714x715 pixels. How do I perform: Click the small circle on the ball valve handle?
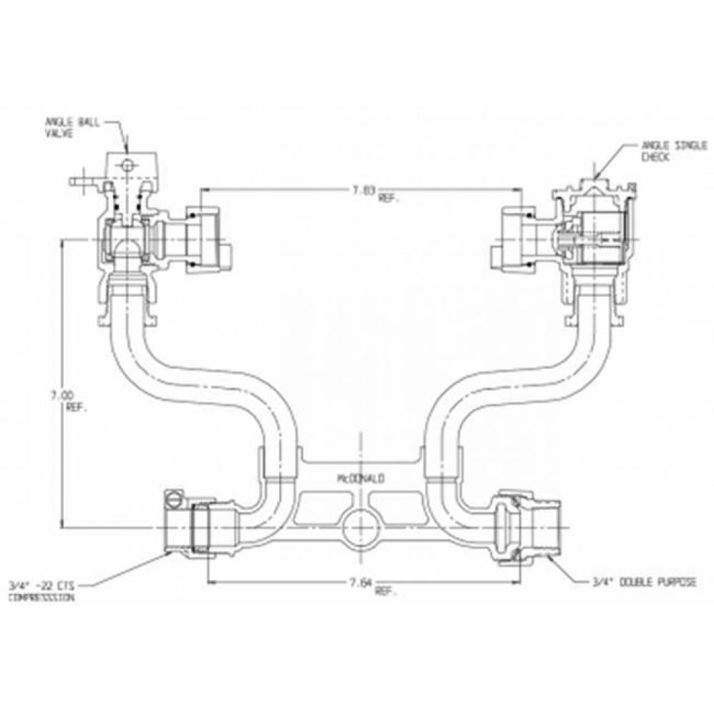click(x=127, y=167)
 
